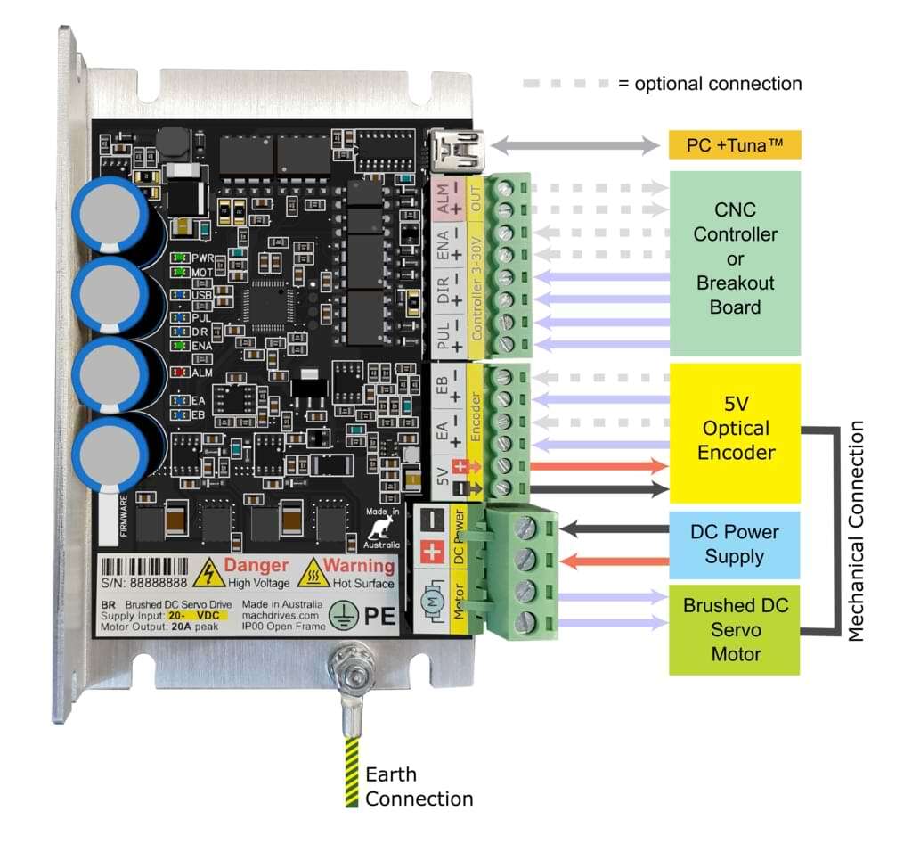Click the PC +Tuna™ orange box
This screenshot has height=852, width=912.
click(735, 144)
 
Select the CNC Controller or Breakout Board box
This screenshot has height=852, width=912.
click(735, 258)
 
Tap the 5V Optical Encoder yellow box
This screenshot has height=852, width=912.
click(735, 429)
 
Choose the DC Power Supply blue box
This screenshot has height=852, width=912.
click(735, 544)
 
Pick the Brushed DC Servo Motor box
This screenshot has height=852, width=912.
click(735, 629)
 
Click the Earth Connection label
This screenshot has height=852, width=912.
click(418, 786)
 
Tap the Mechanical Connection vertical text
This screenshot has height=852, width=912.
click(856, 531)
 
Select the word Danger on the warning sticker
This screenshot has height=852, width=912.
click(256, 565)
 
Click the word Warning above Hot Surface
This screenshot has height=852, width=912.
click(358, 565)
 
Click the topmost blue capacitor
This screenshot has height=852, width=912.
click(110, 213)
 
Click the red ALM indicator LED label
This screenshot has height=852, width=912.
click(201, 373)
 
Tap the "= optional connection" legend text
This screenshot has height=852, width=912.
click(709, 84)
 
